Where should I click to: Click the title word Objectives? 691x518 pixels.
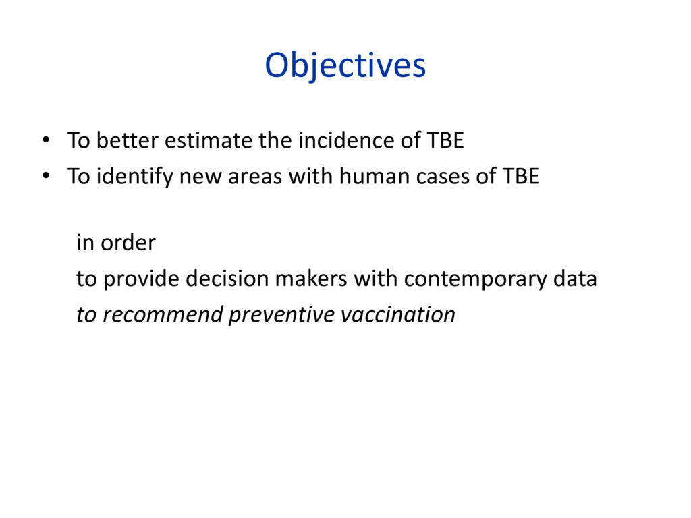tap(345, 66)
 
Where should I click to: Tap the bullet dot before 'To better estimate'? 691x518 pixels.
tap(46, 140)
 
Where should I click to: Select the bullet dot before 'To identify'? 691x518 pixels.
tap(46, 176)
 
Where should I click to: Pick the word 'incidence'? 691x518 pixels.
tap(346, 140)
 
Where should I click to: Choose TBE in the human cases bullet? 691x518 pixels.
tap(522, 177)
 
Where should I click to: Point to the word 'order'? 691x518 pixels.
tap(128, 243)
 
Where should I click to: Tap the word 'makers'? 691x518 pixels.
tap(311, 279)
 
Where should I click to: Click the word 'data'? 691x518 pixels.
tap(575, 279)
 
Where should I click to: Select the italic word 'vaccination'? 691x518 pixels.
tap(398, 314)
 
